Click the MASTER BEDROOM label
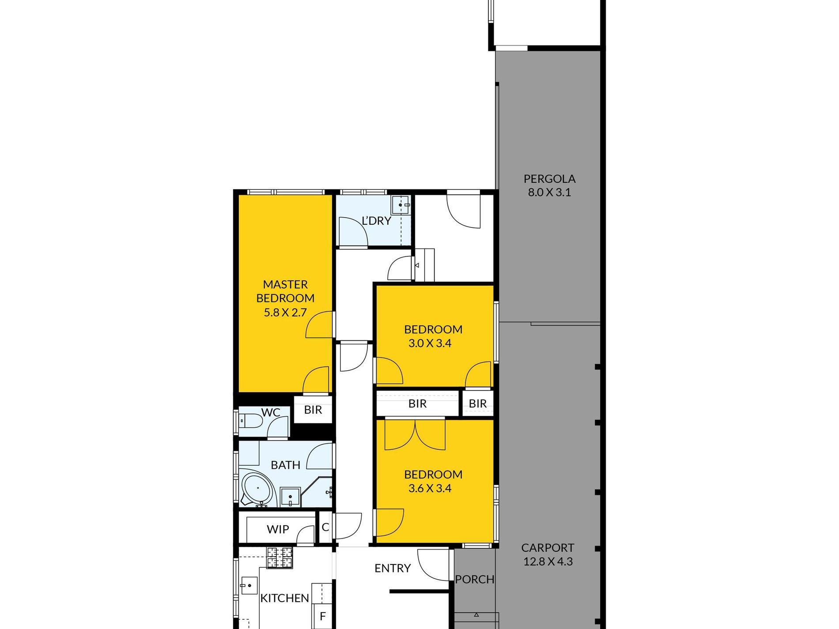point(285,291)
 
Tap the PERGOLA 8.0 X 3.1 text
point(549,185)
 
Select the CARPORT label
point(548,548)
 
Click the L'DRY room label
point(377,220)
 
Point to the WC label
point(271,412)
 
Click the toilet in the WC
point(250,421)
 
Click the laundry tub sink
point(401,205)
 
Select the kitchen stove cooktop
point(280,557)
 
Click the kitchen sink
point(249,586)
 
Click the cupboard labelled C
point(325,527)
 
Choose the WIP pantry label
point(278,529)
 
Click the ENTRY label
point(393,568)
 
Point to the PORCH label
point(475,579)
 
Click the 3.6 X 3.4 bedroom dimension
point(430,488)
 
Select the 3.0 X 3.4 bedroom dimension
point(430,343)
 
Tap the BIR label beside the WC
point(313,410)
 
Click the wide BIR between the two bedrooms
point(417,403)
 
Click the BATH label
point(285,465)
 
